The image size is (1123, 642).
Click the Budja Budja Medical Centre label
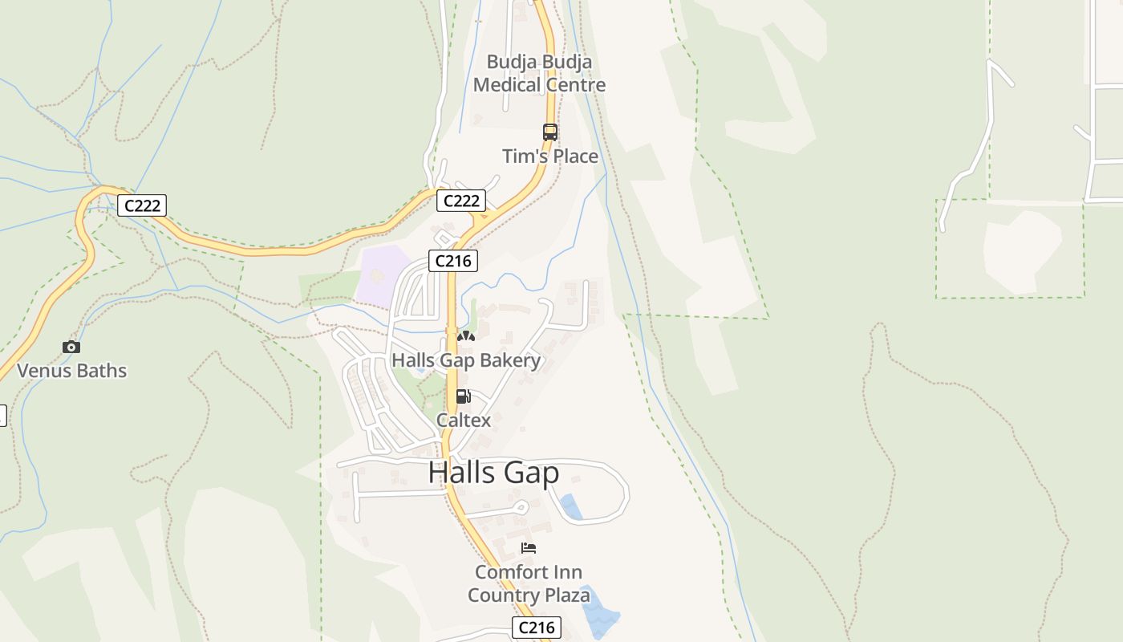(539, 73)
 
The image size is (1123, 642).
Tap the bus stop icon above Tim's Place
(549, 132)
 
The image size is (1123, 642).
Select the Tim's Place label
(550, 156)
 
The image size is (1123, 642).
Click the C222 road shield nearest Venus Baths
(142, 205)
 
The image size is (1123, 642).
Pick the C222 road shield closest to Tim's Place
(461, 201)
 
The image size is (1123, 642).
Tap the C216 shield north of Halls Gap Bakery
(453, 261)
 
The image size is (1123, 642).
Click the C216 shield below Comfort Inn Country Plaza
(536, 628)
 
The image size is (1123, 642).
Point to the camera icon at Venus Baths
(71, 347)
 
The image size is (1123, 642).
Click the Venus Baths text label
(72, 371)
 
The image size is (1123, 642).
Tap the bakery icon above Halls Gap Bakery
(465, 336)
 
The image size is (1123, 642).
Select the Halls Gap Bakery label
(466, 360)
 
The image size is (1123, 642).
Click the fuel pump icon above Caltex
(463, 396)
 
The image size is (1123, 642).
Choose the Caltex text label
(464, 420)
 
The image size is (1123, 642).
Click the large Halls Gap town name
(493, 472)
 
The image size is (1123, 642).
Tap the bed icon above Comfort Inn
(529, 548)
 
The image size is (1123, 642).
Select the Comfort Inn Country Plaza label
(529, 583)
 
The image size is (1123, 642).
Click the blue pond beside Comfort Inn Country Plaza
(599, 610)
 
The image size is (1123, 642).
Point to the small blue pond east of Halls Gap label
(571, 507)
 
